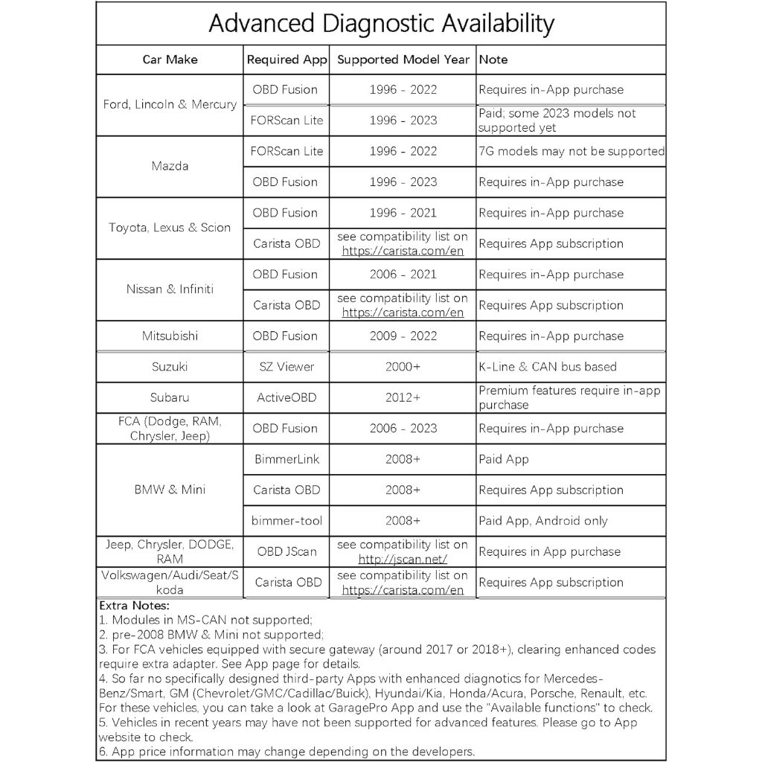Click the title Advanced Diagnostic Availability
(381, 24)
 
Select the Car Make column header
(170, 60)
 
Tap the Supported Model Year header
(403, 60)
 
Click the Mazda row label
(170, 166)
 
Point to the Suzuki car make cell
(170, 367)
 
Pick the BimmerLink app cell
(286, 459)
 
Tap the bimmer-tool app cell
(286, 521)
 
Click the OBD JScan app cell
(286, 551)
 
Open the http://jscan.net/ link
(403, 559)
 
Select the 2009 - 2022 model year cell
(403, 336)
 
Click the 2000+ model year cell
(403, 367)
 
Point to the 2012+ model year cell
(403, 397)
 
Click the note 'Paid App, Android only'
(542, 521)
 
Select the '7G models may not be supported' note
(571, 151)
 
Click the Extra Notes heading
(134, 606)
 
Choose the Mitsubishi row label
(170, 336)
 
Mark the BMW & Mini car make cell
(170, 490)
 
